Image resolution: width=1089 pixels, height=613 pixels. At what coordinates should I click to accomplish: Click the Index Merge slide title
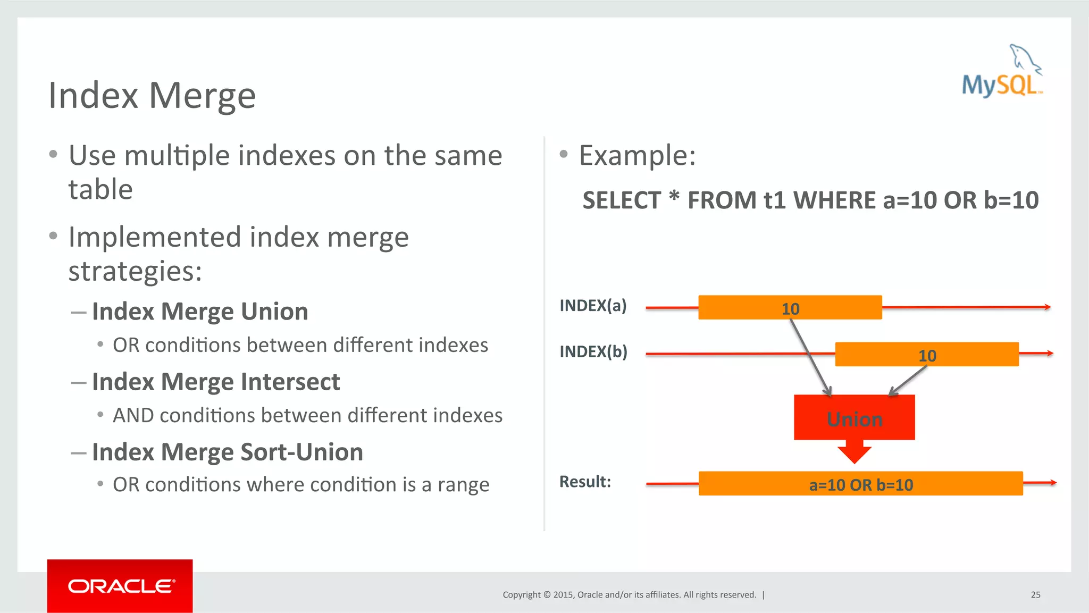pos(152,96)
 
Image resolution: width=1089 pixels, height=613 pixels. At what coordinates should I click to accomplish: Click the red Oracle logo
pos(120,586)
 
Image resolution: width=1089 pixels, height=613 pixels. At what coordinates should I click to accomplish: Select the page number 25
pos(1035,595)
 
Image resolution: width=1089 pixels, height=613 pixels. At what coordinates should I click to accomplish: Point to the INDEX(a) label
pos(593,306)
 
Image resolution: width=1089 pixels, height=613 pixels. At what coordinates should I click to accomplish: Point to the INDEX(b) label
pos(593,352)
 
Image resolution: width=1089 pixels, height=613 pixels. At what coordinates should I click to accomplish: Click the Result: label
pos(585,482)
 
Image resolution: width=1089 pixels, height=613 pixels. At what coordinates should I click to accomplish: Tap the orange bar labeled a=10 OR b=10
pos(860,484)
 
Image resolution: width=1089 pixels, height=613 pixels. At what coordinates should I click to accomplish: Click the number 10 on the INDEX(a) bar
pos(790,309)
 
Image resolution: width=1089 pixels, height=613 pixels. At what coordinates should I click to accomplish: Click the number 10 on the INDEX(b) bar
pos(927,356)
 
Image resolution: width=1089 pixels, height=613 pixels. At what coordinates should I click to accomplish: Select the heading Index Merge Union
pos(200,312)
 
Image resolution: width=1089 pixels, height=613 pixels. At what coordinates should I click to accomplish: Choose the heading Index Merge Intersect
pos(216,382)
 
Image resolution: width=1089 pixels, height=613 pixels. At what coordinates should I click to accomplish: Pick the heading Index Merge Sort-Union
pos(228,452)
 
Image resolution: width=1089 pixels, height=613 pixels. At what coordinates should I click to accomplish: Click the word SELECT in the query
pos(621,200)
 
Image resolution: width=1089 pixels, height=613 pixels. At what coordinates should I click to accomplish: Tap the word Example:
pos(637,156)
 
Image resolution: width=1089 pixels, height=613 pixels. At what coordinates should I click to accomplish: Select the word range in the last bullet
pos(463,485)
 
